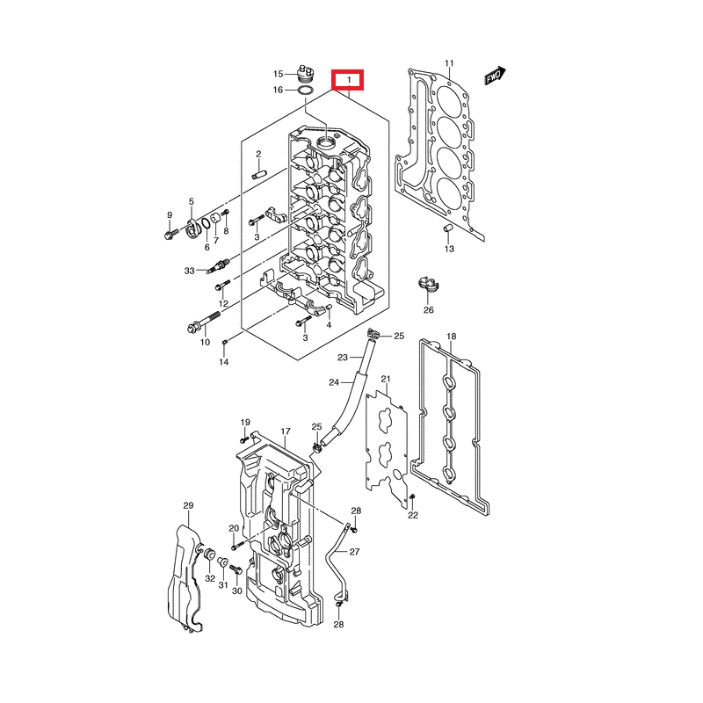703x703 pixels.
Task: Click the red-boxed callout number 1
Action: [x=350, y=81]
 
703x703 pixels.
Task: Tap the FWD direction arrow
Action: [x=496, y=76]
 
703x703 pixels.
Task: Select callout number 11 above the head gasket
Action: [x=449, y=63]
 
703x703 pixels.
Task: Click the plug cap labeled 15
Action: [x=305, y=71]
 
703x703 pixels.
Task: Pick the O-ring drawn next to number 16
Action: [x=305, y=90]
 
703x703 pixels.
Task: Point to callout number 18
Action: [x=452, y=337]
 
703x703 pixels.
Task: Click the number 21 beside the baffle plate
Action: [x=385, y=379]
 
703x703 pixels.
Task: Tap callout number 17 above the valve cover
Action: [x=286, y=431]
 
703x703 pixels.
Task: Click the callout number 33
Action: [x=189, y=271]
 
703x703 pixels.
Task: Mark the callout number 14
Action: [x=223, y=362]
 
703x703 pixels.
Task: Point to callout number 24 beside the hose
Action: [x=334, y=382]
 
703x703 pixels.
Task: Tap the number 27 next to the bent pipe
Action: [x=354, y=552]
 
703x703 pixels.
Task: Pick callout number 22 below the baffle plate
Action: [x=413, y=515]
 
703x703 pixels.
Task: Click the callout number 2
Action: [x=234, y=155]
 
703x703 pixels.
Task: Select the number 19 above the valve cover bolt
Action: [x=245, y=422]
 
